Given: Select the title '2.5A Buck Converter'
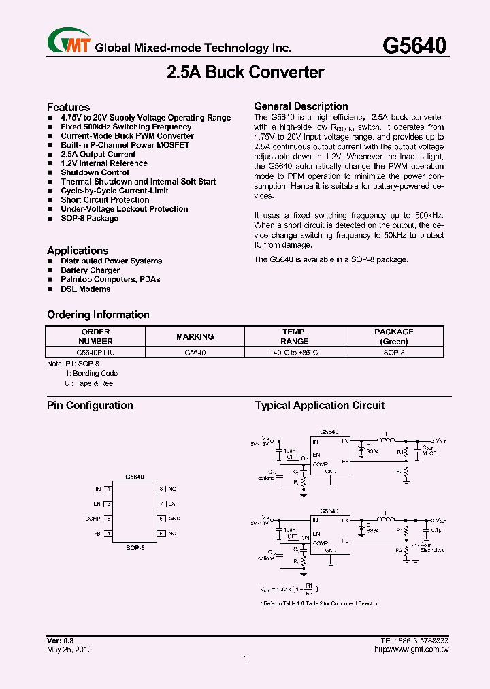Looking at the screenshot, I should click(x=245, y=72).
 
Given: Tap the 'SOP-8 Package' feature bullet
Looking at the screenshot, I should click(x=89, y=219).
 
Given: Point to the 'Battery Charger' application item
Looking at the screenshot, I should click(x=90, y=270).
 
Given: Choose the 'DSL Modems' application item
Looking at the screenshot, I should click(x=85, y=289).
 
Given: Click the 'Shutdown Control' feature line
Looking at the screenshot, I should click(x=95, y=173).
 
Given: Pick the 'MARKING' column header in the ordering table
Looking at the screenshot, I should click(x=195, y=336).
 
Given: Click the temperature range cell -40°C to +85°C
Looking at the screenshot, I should click(x=294, y=353).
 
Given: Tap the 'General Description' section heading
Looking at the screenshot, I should click(x=301, y=106).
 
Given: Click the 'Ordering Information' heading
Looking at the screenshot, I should click(x=98, y=315).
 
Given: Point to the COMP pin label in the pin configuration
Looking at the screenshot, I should click(x=93, y=519).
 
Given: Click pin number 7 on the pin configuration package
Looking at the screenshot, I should click(x=162, y=504).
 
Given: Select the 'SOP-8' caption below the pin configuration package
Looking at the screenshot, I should click(x=135, y=547).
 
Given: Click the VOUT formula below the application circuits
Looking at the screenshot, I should click(x=290, y=588).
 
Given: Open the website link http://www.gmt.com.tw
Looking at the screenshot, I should click(x=412, y=650).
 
